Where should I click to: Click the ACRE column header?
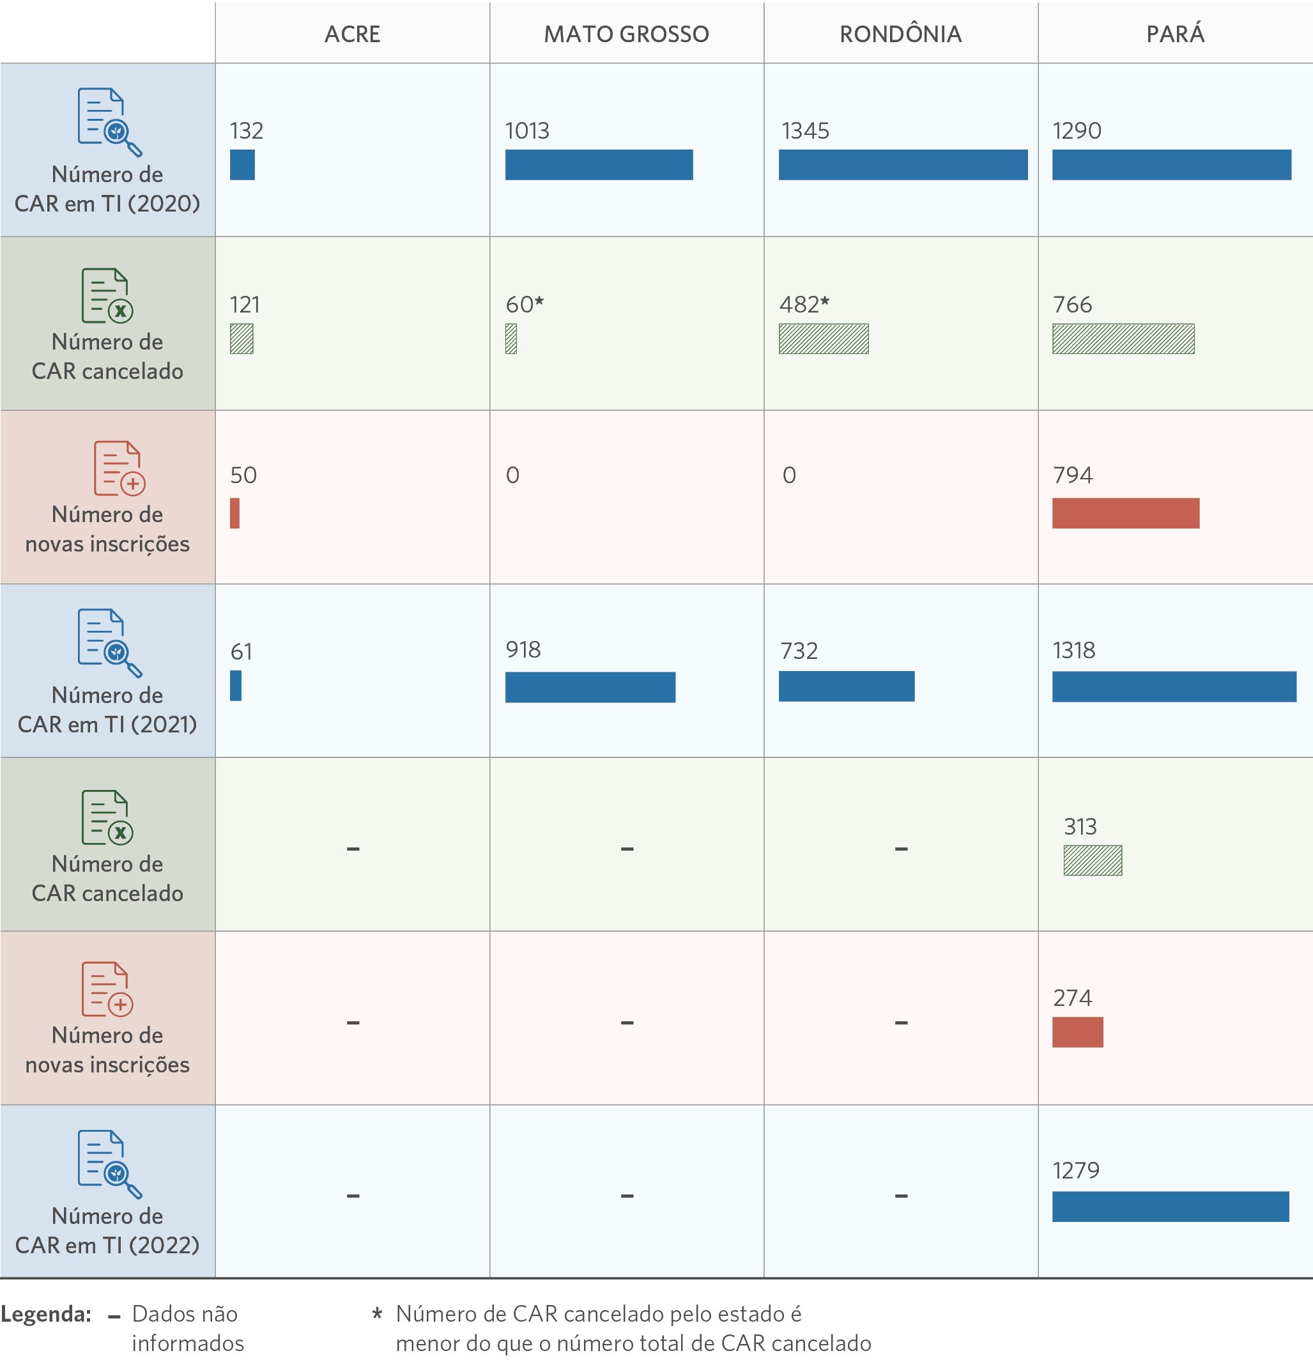[352, 34]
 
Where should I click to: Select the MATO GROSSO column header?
[626, 34]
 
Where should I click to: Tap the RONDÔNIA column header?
[900, 34]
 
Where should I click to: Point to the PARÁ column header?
[1175, 34]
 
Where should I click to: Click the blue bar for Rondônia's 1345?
[902, 165]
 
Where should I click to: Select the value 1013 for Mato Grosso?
[527, 131]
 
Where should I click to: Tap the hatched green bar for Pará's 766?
[1123, 339]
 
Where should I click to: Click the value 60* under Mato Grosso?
[525, 305]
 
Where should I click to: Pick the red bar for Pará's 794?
[1125, 513]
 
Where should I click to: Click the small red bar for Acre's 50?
[234, 513]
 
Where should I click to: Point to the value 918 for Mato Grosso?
[523, 650]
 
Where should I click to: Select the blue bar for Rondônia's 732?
[846, 686]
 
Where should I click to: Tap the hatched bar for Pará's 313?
[1093, 860]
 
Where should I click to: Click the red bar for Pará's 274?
[1077, 1033]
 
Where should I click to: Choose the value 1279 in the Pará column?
[1076, 1171]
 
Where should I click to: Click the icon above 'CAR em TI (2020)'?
[109, 122]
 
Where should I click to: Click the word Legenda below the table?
[46, 1314]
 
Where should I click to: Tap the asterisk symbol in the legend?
[378, 1313]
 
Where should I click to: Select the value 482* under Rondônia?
[804, 305]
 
